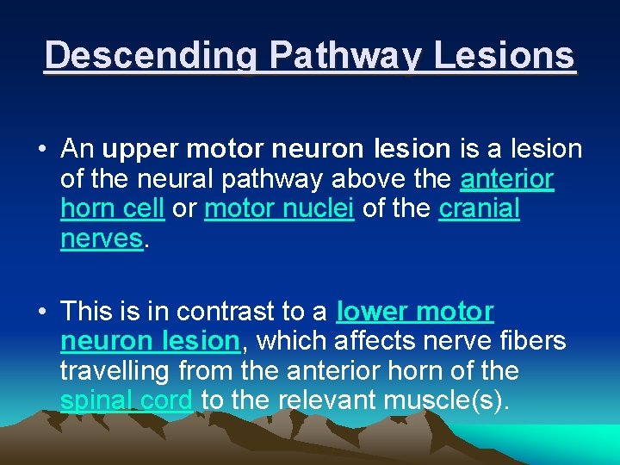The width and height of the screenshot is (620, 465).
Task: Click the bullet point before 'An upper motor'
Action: point(40,149)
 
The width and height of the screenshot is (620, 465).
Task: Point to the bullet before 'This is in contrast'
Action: point(40,311)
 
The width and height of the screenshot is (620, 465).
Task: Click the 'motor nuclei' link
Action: point(279,209)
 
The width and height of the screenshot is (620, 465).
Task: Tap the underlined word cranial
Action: point(480,209)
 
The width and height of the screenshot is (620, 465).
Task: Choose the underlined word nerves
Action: point(101,239)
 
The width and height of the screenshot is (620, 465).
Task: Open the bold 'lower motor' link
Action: point(416,311)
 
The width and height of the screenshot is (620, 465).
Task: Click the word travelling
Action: point(115,371)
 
